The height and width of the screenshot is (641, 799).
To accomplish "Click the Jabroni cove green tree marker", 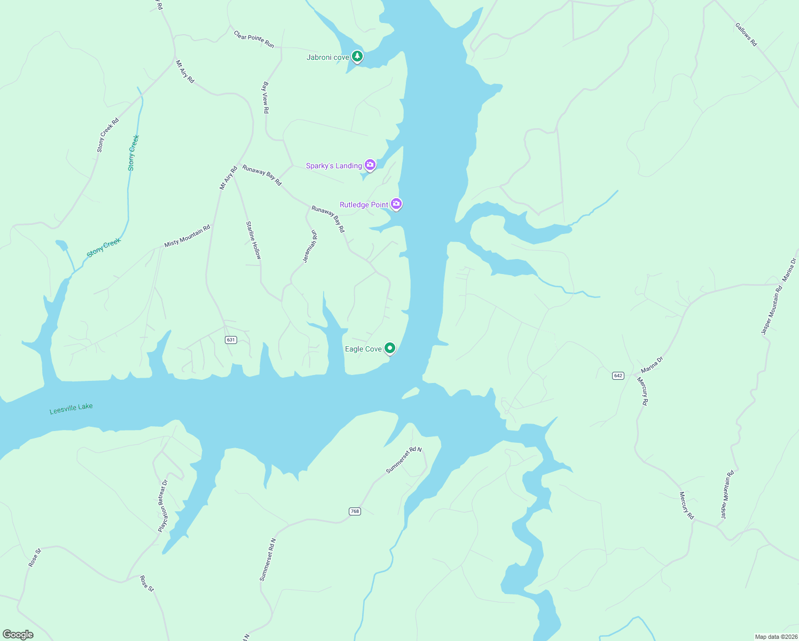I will pyautogui.click(x=357, y=57).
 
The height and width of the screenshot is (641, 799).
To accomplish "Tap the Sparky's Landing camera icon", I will pyautogui.click(x=370, y=165).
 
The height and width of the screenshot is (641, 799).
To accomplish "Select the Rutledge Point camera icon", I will pyautogui.click(x=396, y=204).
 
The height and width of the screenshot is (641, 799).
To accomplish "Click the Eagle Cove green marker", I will pyautogui.click(x=390, y=348).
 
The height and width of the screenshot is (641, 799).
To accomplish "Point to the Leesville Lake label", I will pyautogui.click(x=71, y=409).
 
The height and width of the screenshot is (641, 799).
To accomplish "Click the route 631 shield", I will pyautogui.click(x=231, y=340).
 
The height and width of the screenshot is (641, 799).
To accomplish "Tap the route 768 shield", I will pyautogui.click(x=355, y=511).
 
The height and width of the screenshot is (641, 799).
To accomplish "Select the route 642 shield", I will pyautogui.click(x=618, y=376).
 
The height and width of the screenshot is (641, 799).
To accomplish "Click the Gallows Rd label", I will pyautogui.click(x=746, y=35).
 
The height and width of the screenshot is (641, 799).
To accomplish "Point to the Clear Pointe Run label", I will pyautogui.click(x=254, y=39).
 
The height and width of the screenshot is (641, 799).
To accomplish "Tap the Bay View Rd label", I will pyautogui.click(x=265, y=97).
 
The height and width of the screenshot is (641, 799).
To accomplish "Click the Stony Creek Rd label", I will pyautogui.click(x=108, y=135).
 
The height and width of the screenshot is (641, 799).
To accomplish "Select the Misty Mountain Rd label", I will pyautogui.click(x=187, y=236).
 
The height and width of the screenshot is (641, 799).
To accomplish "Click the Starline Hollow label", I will pyautogui.click(x=253, y=240).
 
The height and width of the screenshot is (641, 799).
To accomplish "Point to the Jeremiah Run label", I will pyautogui.click(x=310, y=246).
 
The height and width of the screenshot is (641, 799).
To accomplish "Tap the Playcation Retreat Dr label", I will pyautogui.click(x=163, y=506).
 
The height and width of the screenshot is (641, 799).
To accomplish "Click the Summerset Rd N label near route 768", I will pyautogui.click(x=404, y=460).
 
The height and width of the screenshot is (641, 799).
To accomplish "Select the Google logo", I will pyautogui.click(x=18, y=635).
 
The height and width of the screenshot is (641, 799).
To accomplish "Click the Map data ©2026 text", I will pyautogui.click(x=775, y=637).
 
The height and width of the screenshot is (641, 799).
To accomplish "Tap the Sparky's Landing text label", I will pyautogui.click(x=334, y=166).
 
